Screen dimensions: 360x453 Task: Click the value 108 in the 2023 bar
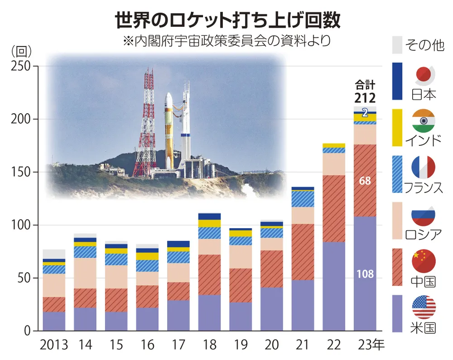[365, 274]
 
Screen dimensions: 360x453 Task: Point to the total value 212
[365, 97]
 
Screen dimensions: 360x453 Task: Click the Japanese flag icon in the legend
[424, 76]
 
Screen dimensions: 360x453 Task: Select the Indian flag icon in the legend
[424, 121]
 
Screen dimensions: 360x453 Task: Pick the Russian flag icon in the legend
[424, 215]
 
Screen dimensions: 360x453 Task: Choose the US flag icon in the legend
[424, 307]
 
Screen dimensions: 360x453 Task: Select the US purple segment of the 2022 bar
[334, 286]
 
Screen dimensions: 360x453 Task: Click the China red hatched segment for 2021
[303, 252]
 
